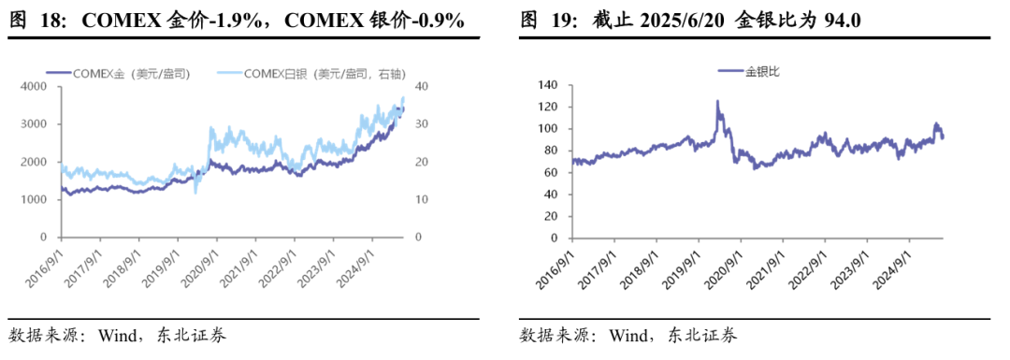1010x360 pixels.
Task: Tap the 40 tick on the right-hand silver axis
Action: point(422,86)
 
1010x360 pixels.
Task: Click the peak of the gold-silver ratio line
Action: point(717,101)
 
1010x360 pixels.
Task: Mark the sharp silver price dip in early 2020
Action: point(195,193)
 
